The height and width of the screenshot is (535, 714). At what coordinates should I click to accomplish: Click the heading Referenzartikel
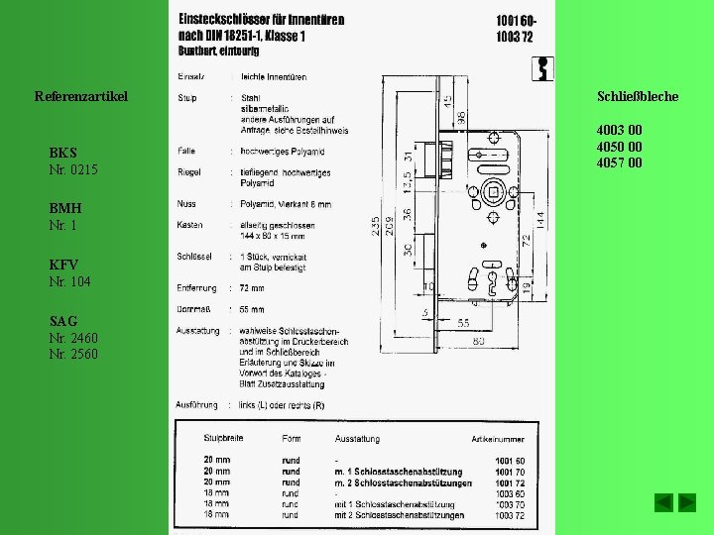click(x=81, y=96)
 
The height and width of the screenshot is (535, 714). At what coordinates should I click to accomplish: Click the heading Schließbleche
click(x=638, y=96)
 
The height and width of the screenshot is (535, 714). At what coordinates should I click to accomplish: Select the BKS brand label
click(x=62, y=153)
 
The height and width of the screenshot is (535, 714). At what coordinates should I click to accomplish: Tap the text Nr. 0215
click(x=73, y=170)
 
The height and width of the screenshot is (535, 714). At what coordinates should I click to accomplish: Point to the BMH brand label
click(x=65, y=209)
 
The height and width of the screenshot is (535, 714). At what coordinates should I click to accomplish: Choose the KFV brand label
click(x=64, y=266)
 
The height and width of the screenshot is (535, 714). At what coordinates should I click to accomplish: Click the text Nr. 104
click(x=69, y=282)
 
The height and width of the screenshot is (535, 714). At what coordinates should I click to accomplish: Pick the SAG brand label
click(x=63, y=322)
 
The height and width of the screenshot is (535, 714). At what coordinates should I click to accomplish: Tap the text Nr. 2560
click(x=73, y=355)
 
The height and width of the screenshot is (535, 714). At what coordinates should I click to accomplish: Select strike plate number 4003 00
click(x=619, y=130)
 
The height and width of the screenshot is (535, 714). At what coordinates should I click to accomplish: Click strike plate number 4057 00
click(x=619, y=162)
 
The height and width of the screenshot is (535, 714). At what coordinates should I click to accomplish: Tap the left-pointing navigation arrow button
click(x=663, y=502)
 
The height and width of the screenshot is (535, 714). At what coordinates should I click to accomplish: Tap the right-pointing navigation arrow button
click(x=686, y=502)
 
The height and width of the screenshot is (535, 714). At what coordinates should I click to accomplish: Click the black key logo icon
click(x=542, y=68)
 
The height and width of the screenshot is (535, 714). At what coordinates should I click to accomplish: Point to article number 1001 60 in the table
click(x=511, y=461)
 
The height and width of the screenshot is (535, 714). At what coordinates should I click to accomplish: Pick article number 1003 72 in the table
click(x=511, y=515)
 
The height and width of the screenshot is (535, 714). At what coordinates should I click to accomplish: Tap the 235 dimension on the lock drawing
click(x=376, y=227)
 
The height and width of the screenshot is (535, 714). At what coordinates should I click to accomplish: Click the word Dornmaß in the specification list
click(x=192, y=310)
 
